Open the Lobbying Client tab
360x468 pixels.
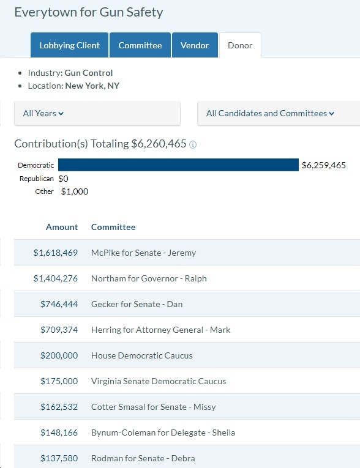69,45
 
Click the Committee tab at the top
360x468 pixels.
140,45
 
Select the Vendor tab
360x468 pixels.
195,45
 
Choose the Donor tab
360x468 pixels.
240,45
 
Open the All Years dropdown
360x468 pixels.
97,113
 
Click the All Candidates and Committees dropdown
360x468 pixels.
279,113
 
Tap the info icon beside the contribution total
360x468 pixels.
193,145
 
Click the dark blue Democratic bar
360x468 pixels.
178,165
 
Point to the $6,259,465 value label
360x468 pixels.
323,165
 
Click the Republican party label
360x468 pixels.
37,179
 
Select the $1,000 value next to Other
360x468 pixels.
75,191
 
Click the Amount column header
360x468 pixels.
62,227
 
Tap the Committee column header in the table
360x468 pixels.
113,227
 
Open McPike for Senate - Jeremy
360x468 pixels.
144,253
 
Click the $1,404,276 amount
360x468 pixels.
56,278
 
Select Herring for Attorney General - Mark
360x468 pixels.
161,330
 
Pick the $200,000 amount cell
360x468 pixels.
59,355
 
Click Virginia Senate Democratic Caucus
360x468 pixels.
159,381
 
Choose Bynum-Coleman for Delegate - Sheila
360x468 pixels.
163,433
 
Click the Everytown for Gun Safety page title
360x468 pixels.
89,12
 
